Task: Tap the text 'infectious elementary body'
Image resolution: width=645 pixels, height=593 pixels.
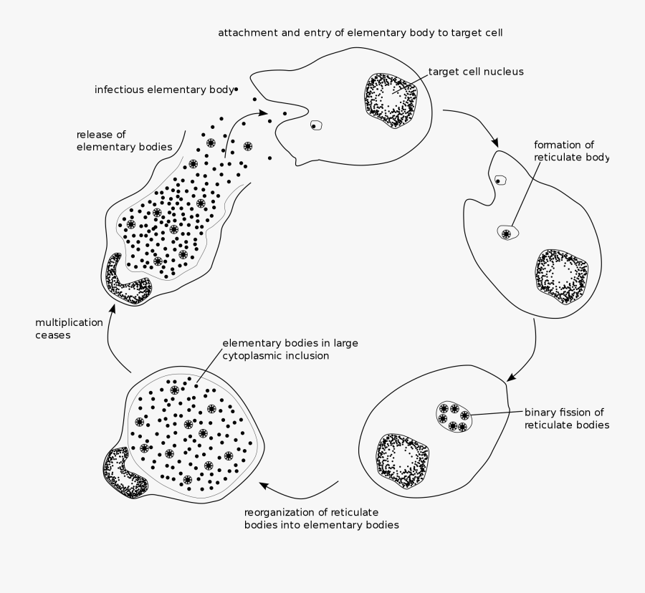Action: [x=165, y=90]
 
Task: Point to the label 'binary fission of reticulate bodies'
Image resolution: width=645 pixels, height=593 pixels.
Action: [x=566, y=419]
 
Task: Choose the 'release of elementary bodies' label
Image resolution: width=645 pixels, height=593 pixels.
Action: [x=124, y=140]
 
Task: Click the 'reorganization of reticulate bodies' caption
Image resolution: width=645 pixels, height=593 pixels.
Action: [x=322, y=519]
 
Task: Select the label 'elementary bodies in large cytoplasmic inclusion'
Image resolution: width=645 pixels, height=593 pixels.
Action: [x=290, y=349]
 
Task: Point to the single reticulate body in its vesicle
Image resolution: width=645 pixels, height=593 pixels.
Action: [x=507, y=233]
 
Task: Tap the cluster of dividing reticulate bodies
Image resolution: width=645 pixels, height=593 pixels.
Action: [x=453, y=417]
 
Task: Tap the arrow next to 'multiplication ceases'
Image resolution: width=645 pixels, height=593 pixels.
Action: [x=115, y=337]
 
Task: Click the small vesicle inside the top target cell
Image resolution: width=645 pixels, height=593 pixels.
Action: [x=315, y=125]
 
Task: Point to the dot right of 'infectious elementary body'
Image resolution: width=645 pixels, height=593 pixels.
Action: [x=235, y=90]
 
